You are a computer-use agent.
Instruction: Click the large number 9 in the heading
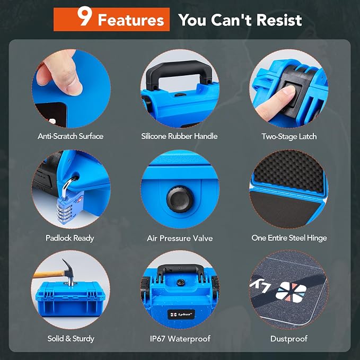coord(84,16)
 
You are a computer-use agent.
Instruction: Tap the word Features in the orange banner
coord(131,20)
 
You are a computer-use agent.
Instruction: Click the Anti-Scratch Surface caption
coord(71,136)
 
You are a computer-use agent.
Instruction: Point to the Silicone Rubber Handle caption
coord(179,136)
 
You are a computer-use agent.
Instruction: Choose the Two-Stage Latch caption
coord(289,136)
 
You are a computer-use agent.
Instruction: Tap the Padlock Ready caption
coord(70,238)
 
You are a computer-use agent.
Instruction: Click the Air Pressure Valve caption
coord(180,238)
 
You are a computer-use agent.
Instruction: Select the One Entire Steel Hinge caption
coord(289,238)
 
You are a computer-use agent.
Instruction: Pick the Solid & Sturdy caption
coord(71,339)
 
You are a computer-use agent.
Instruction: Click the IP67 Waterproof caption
coord(180,338)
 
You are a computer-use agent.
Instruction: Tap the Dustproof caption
coord(289,339)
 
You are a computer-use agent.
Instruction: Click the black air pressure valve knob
coord(180,199)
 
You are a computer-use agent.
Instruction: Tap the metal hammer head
coord(69,272)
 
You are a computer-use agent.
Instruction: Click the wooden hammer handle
coord(49,274)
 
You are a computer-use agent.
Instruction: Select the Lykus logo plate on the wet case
coord(181,314)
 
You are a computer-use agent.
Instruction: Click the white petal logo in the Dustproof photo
coord(291,292)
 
